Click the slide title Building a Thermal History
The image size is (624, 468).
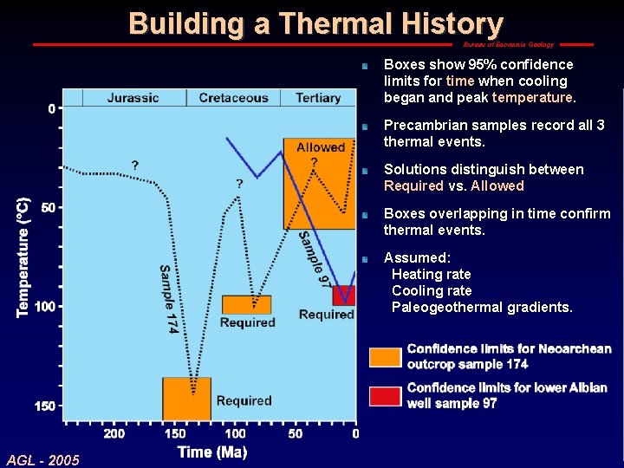pyautogui.click(x=315, y=23)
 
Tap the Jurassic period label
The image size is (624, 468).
pyautogui.click(x=134, y=97)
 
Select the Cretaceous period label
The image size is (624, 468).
pyautogui.click(x=233, y=97)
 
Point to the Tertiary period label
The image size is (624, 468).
pyautogui.click(x=317, y=97)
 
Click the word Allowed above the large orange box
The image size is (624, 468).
pyautogui.click(x=320, y=147)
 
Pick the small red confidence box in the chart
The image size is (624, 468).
pyautogui.click(x=344, y=295)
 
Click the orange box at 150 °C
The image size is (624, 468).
pyautogui.click(x=186, y=399)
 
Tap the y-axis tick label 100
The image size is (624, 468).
pyautogui.click(x=44, y=307)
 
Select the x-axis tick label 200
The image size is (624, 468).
pyautogui.click(x=114, y=433)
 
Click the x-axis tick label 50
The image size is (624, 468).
pyautogui.click(x=296, y=433)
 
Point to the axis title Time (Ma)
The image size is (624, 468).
pyautogui.click(x=212, y=452)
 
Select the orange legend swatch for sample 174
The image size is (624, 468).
pyautogui.click(x=385, y=357)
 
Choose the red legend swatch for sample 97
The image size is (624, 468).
pyautogui.click(x=385, y=396)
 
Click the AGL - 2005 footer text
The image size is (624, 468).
pyautogui.click(x=42, y=459)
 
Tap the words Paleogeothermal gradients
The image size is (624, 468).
pyautogui.click(x=482, y=307)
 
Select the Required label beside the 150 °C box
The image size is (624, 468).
pyautogui.click(x=244, y=400)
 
